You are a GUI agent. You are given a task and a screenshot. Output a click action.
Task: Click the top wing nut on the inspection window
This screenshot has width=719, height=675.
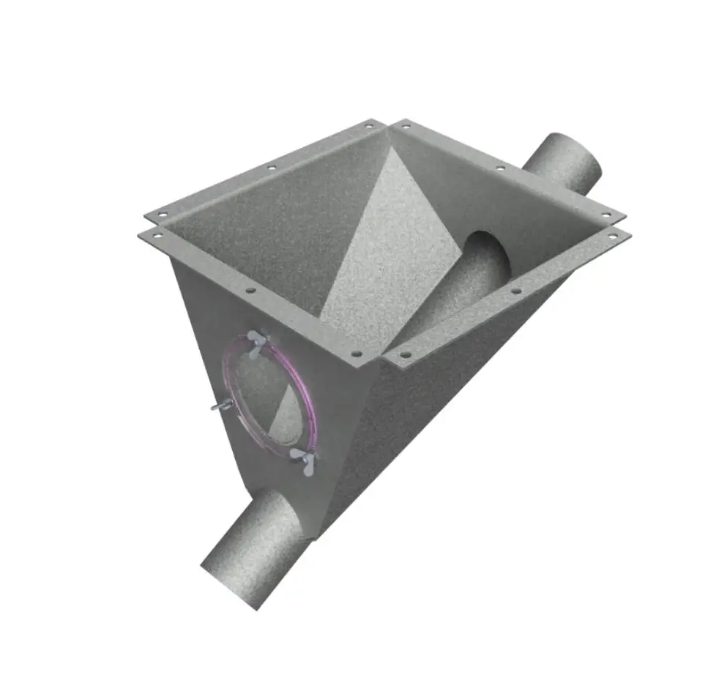pyautogui.click(x=257, y=341)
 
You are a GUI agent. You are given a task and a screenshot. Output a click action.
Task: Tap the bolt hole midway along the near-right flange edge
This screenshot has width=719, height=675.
pyautogui.click(x=516, y=291)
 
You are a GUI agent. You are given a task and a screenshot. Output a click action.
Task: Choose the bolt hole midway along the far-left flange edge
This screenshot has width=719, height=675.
pyautogui.click(x=271, y=168)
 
